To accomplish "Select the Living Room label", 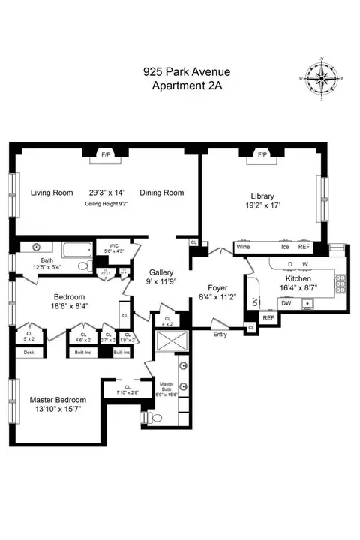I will pyautogui.click(x=52, y=193).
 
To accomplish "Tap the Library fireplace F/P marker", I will pyautogui.click(x=262, y=155).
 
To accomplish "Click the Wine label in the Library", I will pyautogui.click(x=243, y=246).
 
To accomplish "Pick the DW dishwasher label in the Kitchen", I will pyautogui.click(x=286, y=302).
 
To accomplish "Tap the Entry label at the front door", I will pyautogui.click(x=220, y=334).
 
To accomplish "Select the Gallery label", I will pyautogui.click(x=160, y=271).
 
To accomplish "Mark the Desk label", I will pyautogui.click(x=29, y=352).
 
